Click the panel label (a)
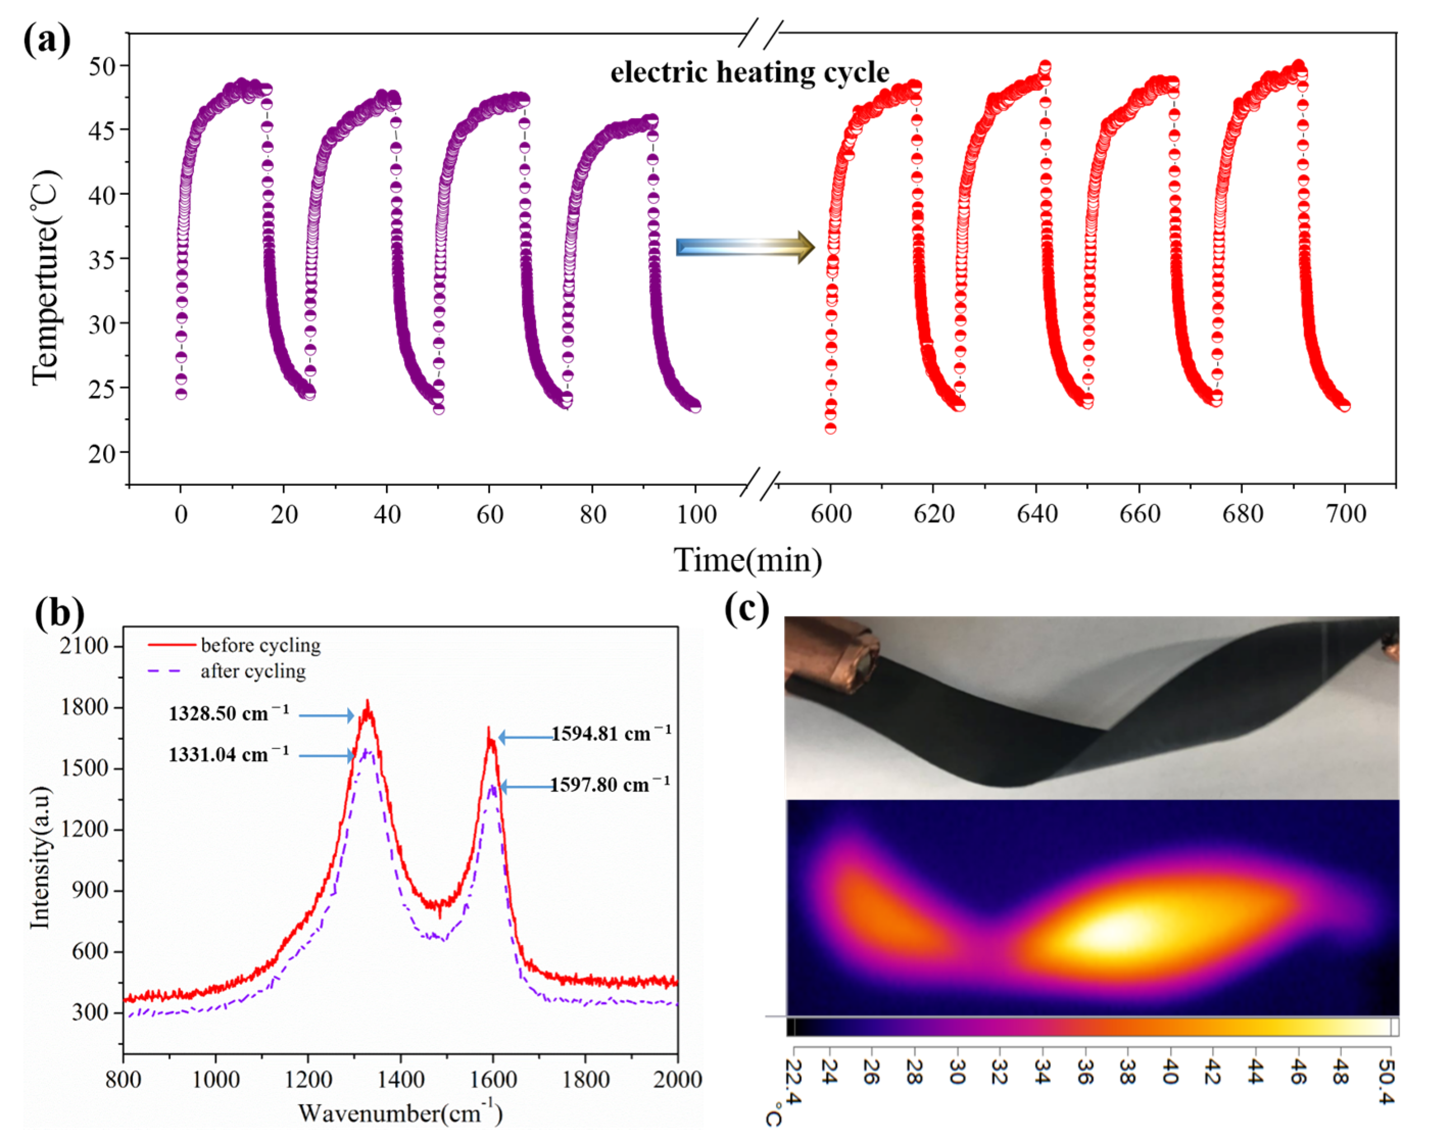click(46, 40)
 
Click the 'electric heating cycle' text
click(749, 72)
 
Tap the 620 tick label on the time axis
click(933, 514)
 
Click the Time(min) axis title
click(747, 560)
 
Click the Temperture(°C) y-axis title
click(45, 277)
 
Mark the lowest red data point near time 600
click(831, 429)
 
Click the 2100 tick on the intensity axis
click(83, 646)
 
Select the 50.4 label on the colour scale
click(1386, 1084)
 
